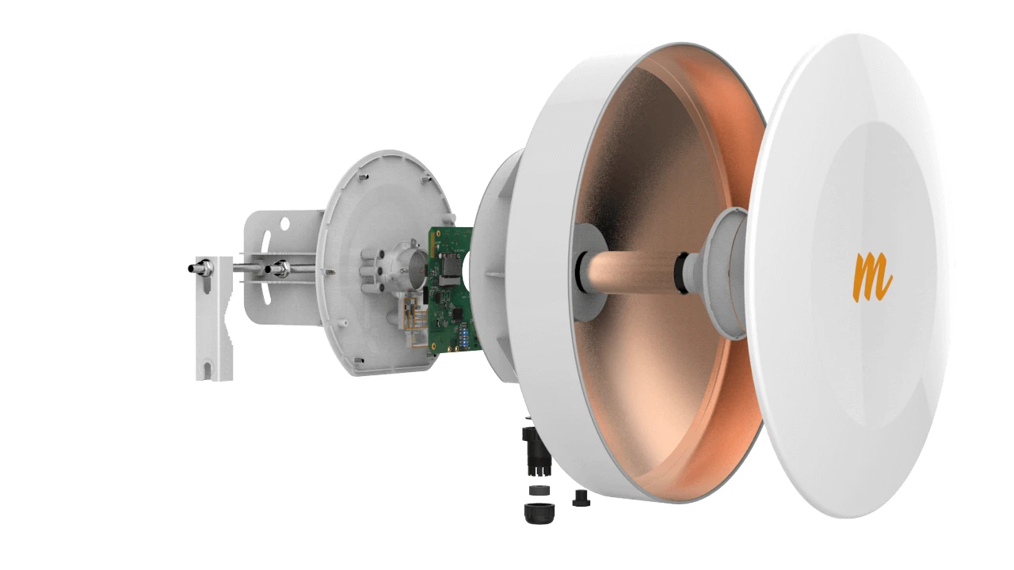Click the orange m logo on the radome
[872, 277]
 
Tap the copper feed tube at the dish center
[634, 272]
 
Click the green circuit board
[452, 290]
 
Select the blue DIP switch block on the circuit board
[464, 335]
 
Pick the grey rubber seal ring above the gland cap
[539, 490]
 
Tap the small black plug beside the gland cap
[581, 498]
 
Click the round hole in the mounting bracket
[284, 223]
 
